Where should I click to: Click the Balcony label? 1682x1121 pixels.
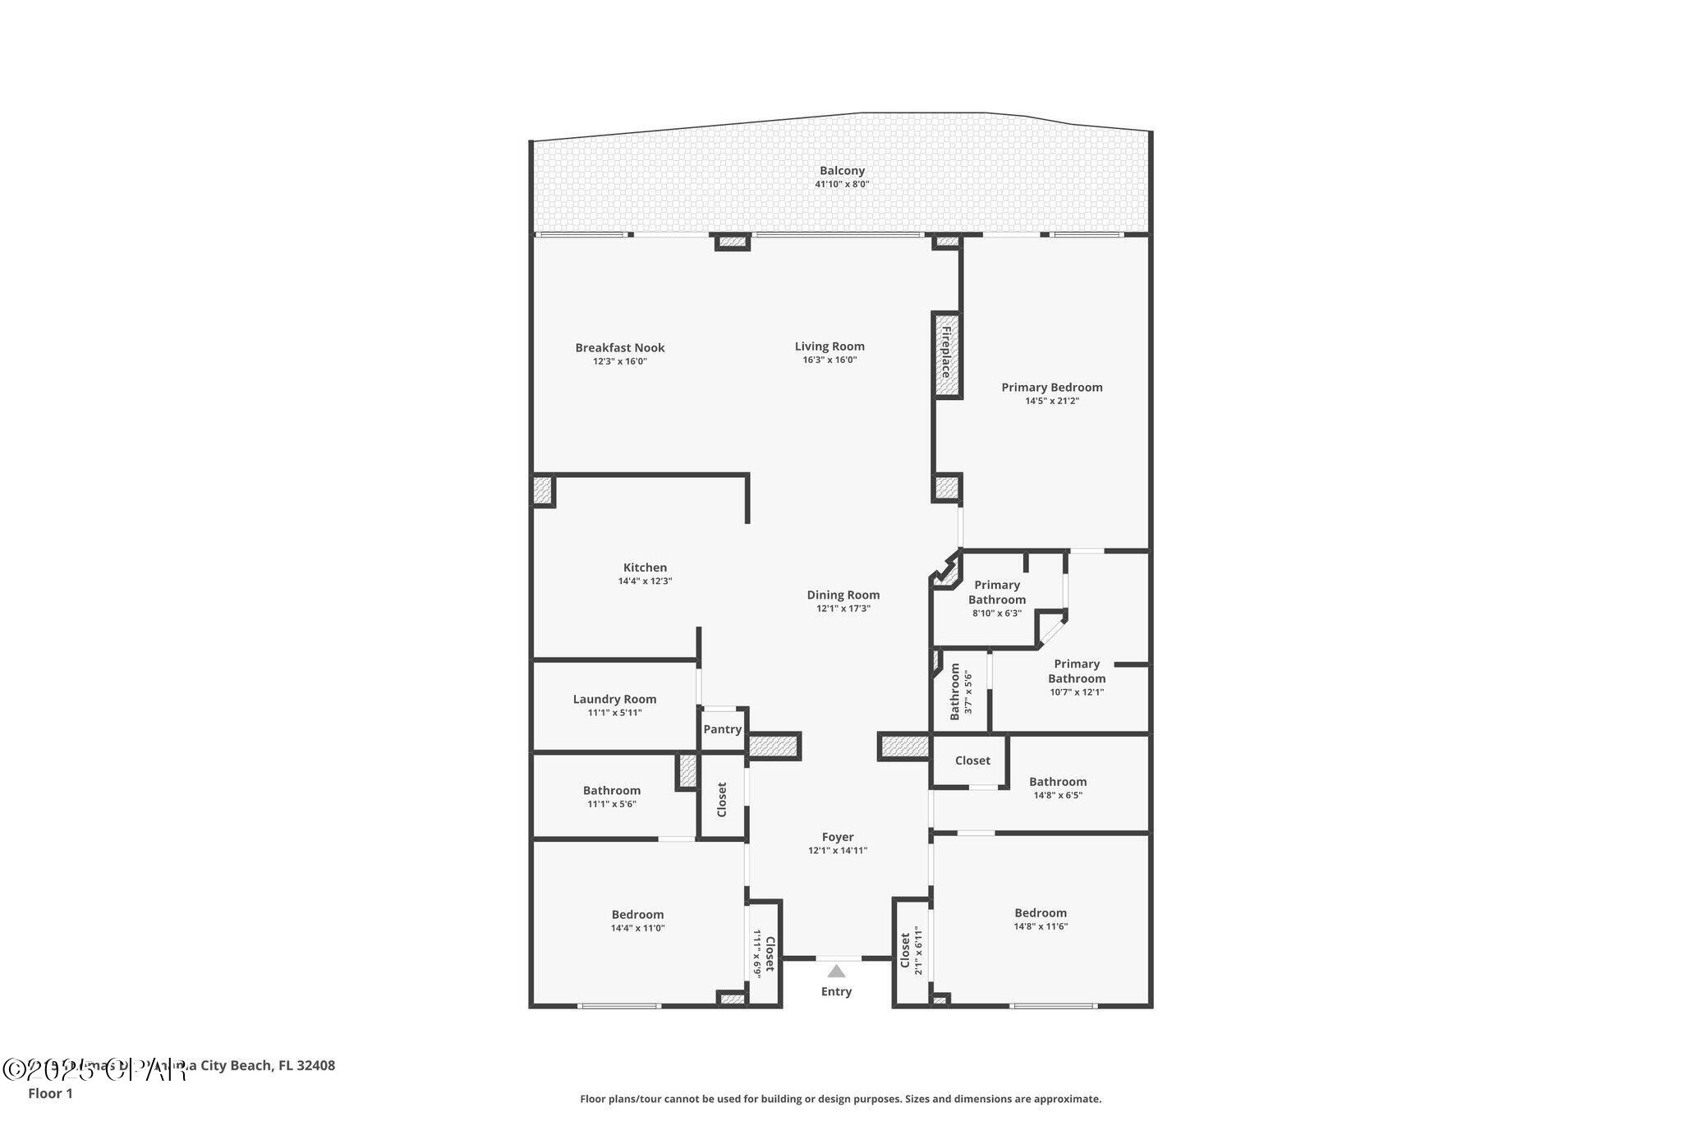coord(842,171)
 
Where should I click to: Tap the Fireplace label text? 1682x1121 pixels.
coord(946,352)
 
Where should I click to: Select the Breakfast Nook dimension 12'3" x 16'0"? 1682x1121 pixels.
coord(620,361)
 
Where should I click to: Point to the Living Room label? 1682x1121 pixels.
coord(830,347)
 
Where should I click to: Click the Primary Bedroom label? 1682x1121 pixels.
coord(1051,388)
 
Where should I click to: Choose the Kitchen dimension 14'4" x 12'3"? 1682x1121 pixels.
coord(645,581)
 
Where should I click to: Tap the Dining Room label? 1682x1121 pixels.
coord(843,595)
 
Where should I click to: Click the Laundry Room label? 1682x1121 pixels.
coord(614,700)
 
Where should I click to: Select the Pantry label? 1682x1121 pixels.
coord(722,729)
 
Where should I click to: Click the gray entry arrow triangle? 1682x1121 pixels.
coord(836,972)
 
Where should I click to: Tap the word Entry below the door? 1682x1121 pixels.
coord(836,992)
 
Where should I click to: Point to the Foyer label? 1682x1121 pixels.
coord(838,838)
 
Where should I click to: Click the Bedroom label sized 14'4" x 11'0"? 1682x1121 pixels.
coord(637,915)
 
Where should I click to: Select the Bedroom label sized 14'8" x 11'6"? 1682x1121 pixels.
coord(1041,913)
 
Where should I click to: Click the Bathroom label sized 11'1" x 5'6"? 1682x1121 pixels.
coord(612,791)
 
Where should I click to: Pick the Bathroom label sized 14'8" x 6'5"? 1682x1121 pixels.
coord(1057,782)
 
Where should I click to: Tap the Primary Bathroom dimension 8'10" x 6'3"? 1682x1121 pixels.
coord(996,613)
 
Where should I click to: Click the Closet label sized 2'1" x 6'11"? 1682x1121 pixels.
coord(905,950)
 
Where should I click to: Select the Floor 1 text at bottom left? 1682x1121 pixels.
coord(50,1094)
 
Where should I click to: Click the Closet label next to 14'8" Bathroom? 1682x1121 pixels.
coord(972,760)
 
